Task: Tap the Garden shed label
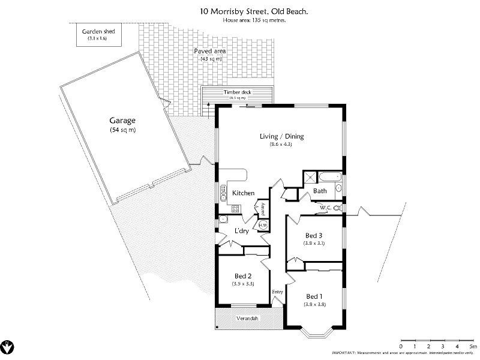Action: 98,32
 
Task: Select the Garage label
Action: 122,120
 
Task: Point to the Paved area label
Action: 210,52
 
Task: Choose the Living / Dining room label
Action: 281,136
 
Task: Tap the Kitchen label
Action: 244,193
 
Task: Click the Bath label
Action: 320,191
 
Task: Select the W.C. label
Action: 326,208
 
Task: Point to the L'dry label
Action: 241,231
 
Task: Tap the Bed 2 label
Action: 243,276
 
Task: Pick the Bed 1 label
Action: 314,296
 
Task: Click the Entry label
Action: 277,292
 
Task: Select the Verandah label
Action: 247,318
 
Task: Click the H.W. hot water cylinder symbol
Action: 263,225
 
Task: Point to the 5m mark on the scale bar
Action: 472,347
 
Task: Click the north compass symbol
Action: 8,346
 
